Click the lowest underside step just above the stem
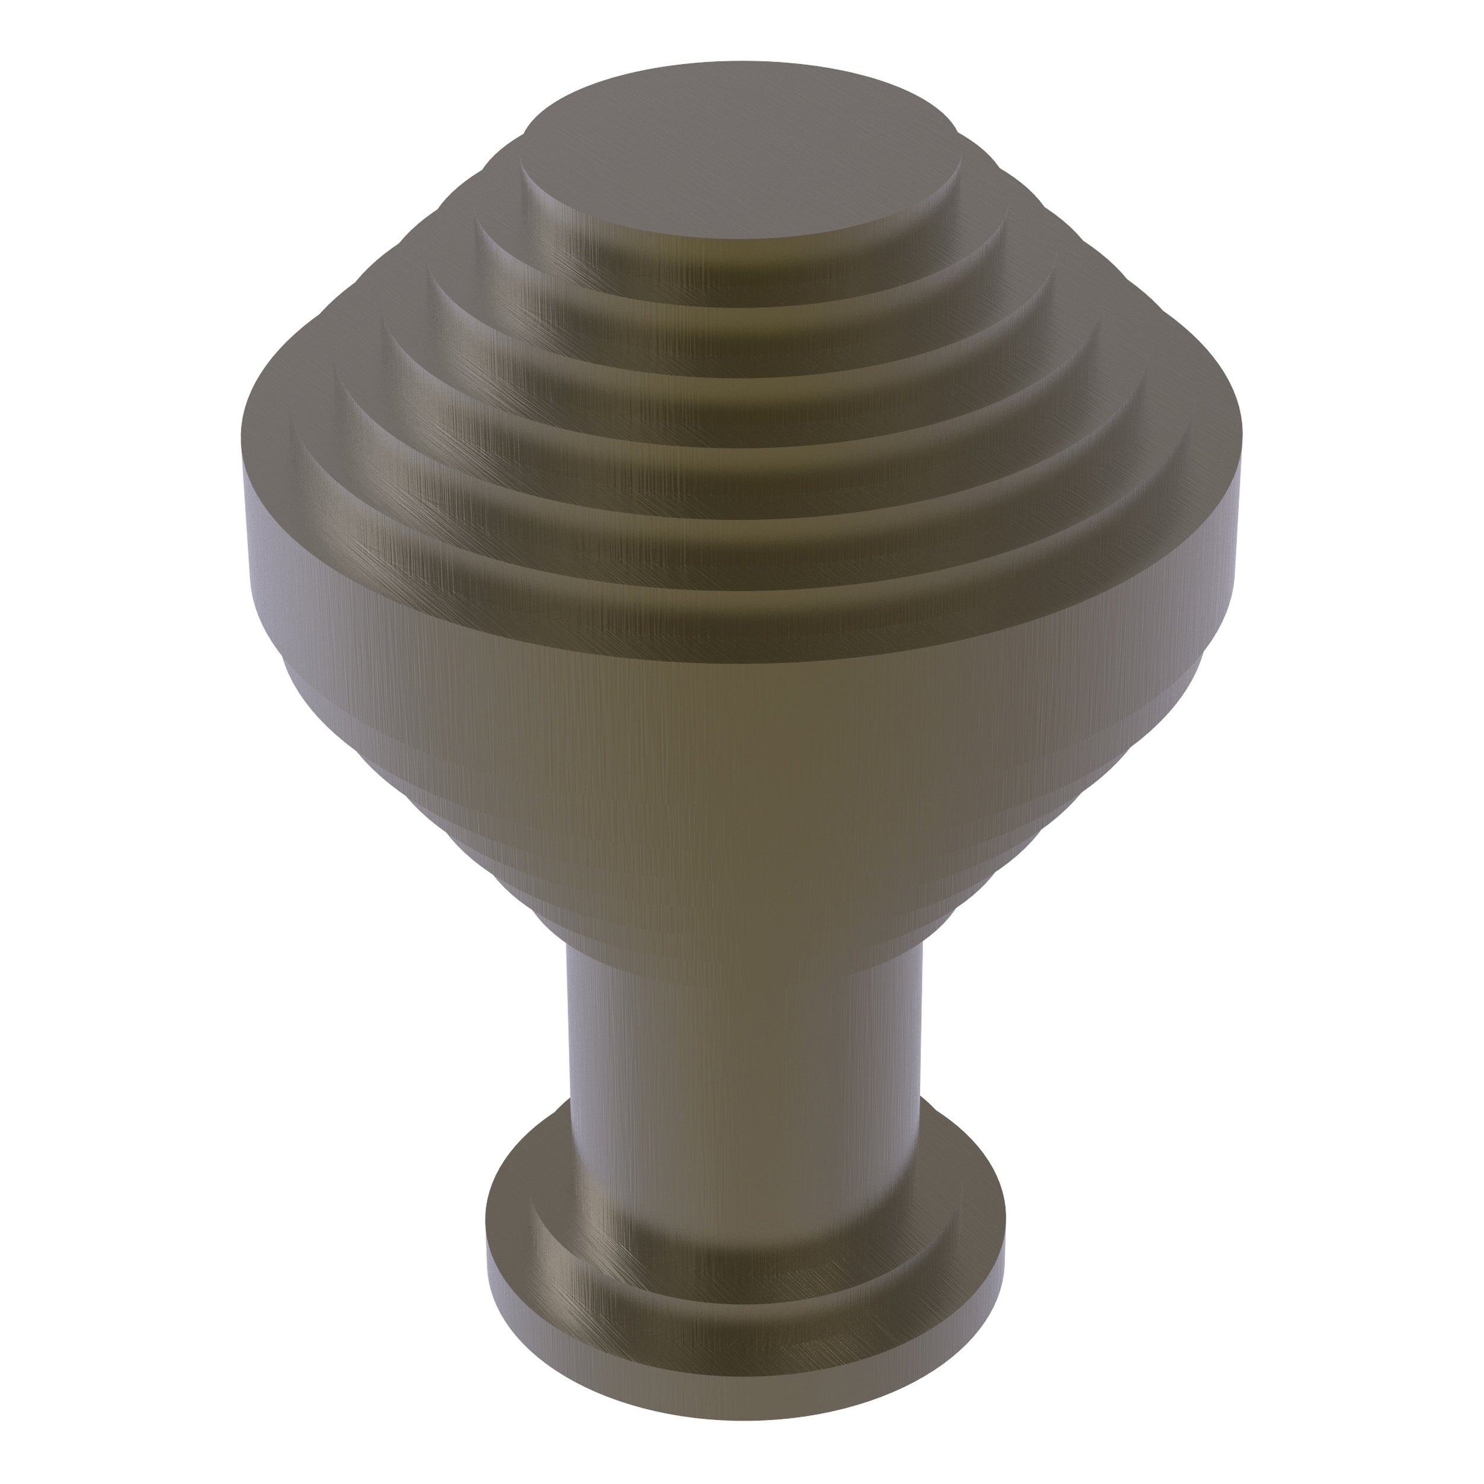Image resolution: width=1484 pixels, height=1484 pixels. [x=742, y=922]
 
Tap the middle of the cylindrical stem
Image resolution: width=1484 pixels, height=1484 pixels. [x=742, y=1114]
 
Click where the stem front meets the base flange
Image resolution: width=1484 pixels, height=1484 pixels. [x=742, y=1298]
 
